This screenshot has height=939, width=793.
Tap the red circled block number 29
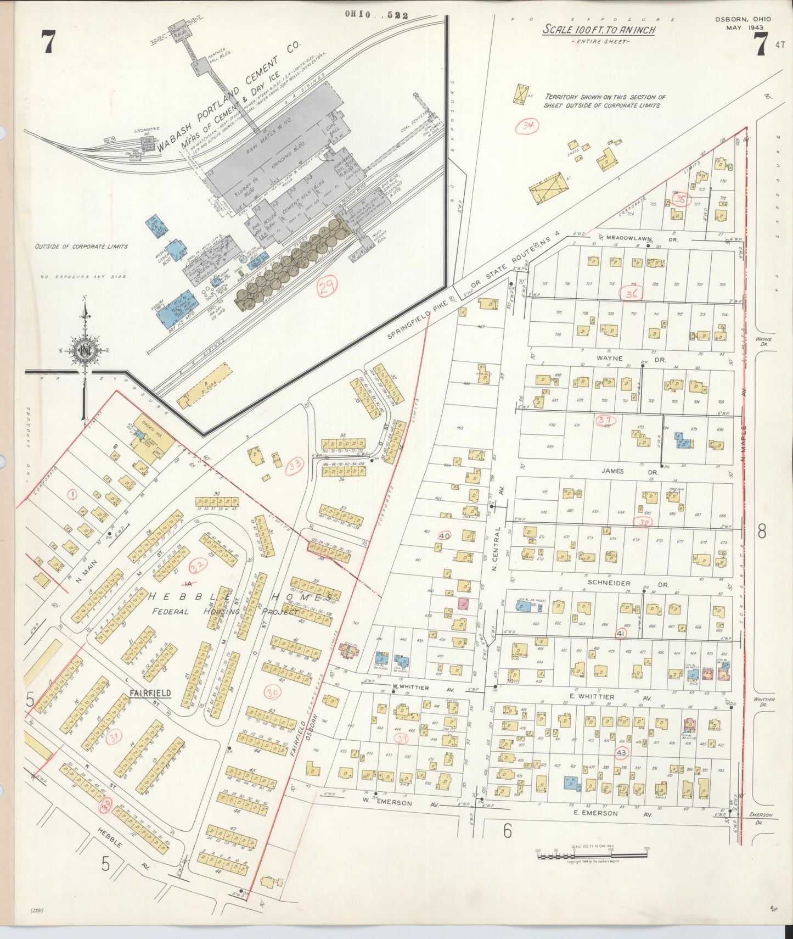coord(328,285)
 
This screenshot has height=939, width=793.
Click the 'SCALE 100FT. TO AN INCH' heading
coord(599,30)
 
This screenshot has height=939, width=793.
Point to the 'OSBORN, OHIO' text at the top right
coord(743,19)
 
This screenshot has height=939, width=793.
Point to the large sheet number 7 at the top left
coord(48,43)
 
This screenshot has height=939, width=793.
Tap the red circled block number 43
coord(621,752)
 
